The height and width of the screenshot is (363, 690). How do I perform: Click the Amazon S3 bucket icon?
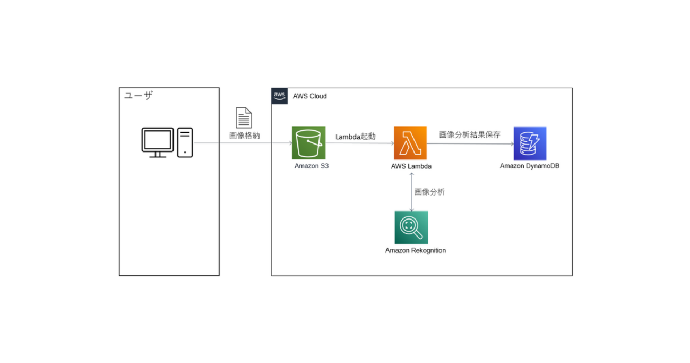tap(308, 143)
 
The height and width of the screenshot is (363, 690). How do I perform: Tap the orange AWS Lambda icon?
tap(410, 143)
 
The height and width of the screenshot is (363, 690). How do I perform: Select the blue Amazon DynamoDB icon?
tap(530, 143)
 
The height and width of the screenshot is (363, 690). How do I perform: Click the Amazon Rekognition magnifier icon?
tap(411, 227)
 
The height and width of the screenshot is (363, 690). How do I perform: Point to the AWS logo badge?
tap(279, 96)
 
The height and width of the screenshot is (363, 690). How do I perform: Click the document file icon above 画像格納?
tap(244, 117)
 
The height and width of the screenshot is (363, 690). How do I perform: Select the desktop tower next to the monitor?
tap(185, 142)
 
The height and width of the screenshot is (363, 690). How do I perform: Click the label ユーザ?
tap(139, 96)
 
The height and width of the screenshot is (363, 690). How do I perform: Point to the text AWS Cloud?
tap(310, 96)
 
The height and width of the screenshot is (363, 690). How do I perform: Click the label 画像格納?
tap(245, 136)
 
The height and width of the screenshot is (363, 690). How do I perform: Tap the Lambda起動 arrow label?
tap(356, 137)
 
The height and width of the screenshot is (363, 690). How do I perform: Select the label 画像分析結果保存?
tap(470, 134)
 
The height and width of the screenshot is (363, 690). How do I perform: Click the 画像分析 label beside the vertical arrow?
tap(429, 192)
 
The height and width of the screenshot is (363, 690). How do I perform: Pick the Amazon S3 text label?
tap(308, 166)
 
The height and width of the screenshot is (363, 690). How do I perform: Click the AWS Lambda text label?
tap(411, 166)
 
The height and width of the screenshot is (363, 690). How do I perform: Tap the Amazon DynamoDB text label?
tap(529, 166)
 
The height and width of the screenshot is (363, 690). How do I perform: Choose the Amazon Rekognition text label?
tap(416, 250)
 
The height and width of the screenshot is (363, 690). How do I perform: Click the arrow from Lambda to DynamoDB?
tap(470, 143)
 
